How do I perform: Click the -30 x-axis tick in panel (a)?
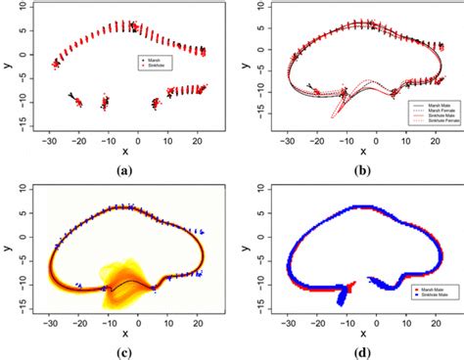[x=46, y=140]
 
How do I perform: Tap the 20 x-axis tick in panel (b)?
[x=426, y=140]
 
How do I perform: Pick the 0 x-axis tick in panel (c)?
[x=138, y=321]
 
